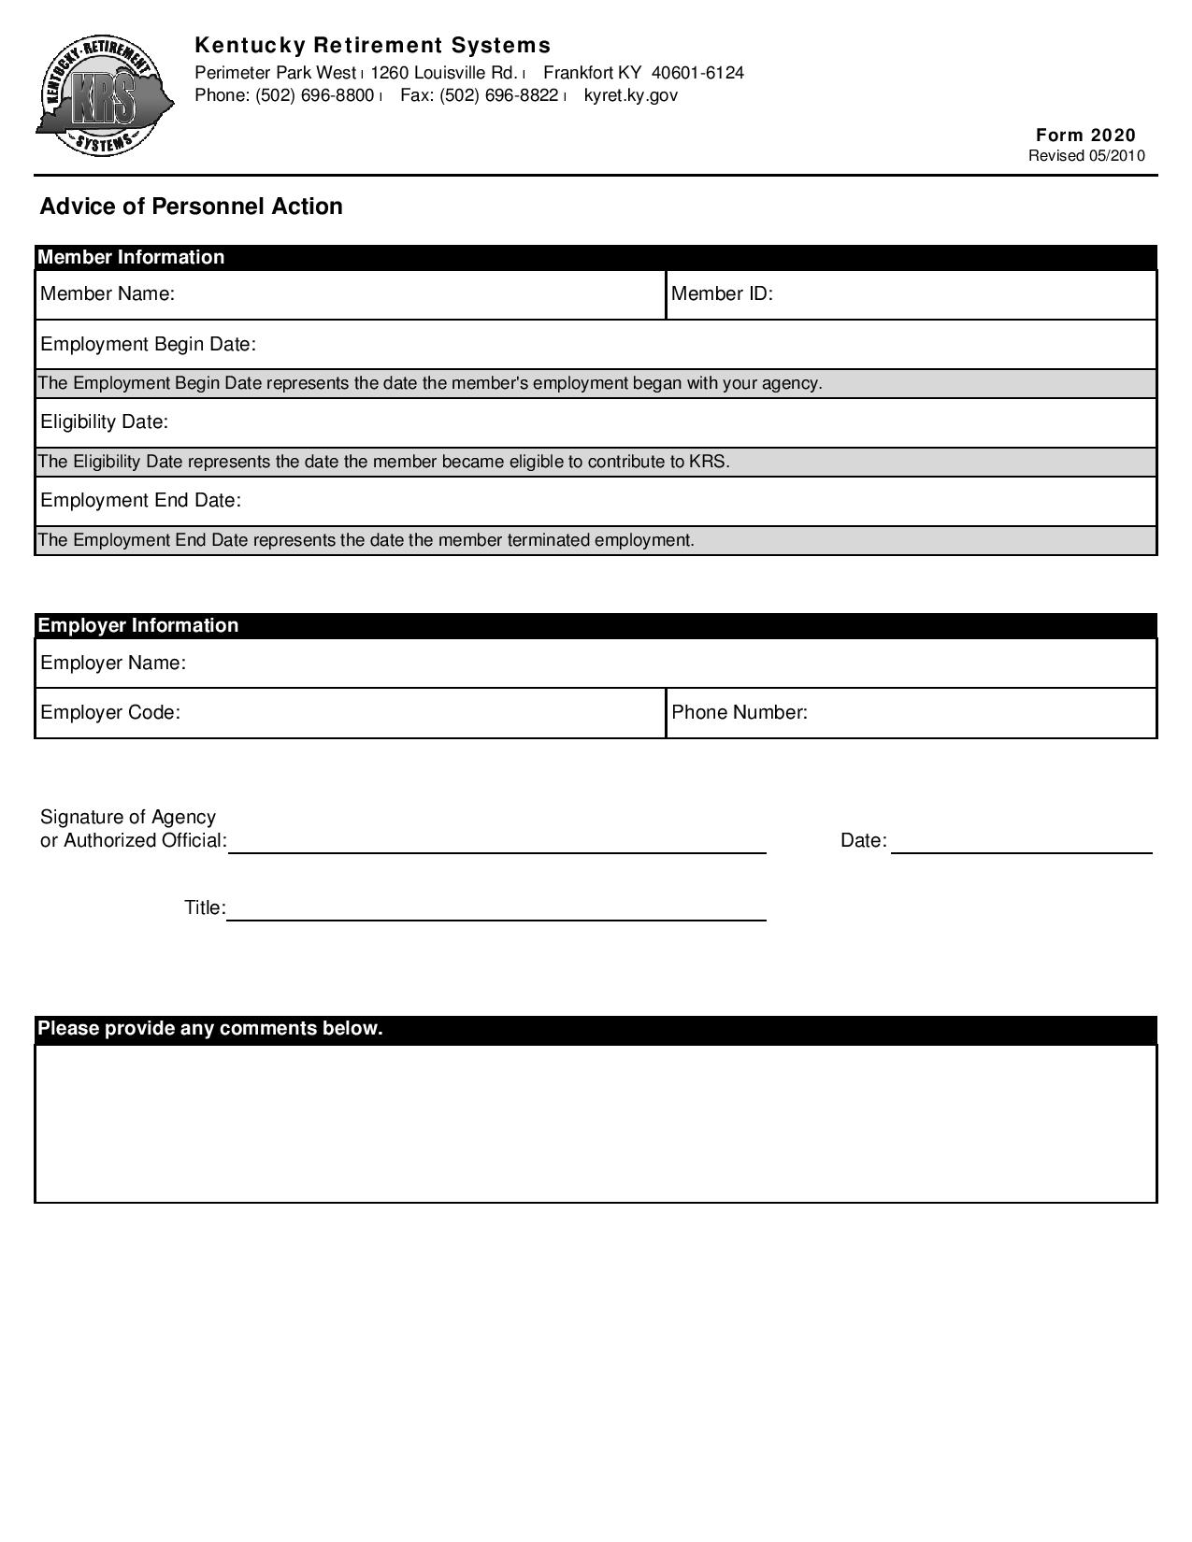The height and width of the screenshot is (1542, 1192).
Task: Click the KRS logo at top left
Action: click(x=104, y=97)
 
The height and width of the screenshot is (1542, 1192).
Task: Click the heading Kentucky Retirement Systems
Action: click(x=372, y=45)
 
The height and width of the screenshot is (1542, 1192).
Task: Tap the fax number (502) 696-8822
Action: click(x=499, y=95)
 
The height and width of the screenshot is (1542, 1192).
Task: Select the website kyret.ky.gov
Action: click(x=630, y=95)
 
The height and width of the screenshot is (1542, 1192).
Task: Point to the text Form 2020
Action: click(x=1085, y=135)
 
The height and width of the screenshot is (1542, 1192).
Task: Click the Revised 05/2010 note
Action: click(x=1085, y=156)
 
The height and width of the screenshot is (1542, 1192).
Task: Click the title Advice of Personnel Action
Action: click(x=191, y=207)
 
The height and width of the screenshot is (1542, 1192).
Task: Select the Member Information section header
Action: click(x=131, y=257)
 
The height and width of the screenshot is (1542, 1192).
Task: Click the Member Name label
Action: click(x=108, y=293)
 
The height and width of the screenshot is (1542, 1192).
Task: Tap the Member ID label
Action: click(x=722, y=293)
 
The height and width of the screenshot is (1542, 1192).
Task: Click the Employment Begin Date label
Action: click(x=148, y=344)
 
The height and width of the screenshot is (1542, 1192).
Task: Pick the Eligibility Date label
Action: click(x=104, y=421)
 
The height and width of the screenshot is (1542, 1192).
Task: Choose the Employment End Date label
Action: click(x=140, y=500)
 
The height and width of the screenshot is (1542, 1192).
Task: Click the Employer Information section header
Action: click(x=137, y=625)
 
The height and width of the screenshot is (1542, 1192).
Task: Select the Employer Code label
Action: click(x=109, y=712)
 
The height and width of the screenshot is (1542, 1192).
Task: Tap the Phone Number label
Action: click(x=739, y=712)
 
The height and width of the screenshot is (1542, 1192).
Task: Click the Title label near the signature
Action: click(x=205, y=907)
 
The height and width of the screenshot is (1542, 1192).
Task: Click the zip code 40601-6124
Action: click(x=697, y=73)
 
